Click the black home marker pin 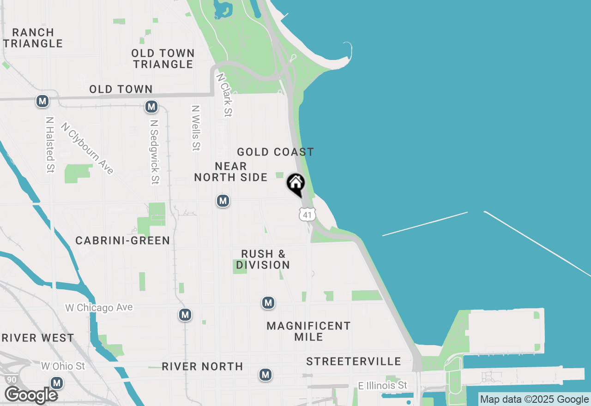[x=296, y=184]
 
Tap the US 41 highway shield [x=307, y=214]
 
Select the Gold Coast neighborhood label [x=275, y=152]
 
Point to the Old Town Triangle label [x=163, y=59]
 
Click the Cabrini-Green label [x=122, y=240]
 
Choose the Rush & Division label [x=263, y=259]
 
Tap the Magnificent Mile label [x=308, y=331]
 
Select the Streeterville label [x=353, y=361]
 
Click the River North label [x=202, y=366]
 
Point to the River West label [x=38, y=338]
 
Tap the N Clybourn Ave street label [x=87, y=148]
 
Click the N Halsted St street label [x=50, y=144]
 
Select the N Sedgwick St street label [x=155, y=152]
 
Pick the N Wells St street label [x=196, y=128]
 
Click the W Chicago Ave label [x=99, y=308]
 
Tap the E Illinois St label [x=383, y=385]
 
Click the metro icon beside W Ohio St [x=57, y=383]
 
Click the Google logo [x=31, y=395]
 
